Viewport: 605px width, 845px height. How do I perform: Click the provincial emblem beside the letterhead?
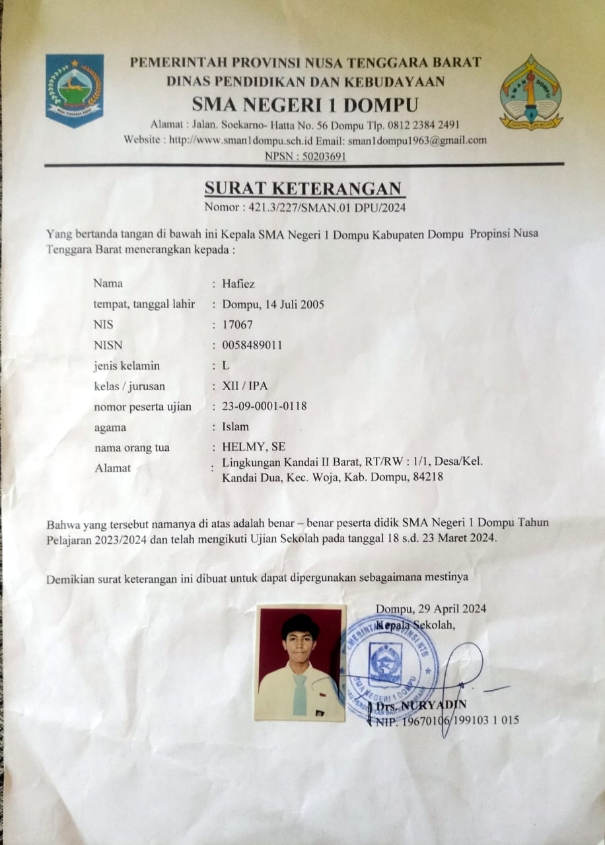click(75, 90)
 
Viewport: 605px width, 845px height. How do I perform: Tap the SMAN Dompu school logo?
click(530, 92)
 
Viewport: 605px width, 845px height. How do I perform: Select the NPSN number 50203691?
click(321, 156)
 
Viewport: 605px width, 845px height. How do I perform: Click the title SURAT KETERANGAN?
click(303, 189)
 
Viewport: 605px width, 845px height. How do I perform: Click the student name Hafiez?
click(238, 284)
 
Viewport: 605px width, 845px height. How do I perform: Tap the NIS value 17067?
click(238, 325)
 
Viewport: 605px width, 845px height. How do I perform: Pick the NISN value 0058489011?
click(253, 345)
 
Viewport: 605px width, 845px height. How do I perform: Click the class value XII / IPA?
click(245, 386)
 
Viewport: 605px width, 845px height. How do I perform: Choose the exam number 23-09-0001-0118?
click(264, 407)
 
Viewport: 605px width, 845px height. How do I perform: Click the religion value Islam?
click(236, 427)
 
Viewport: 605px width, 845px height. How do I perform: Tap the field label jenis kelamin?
click(127, 366)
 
